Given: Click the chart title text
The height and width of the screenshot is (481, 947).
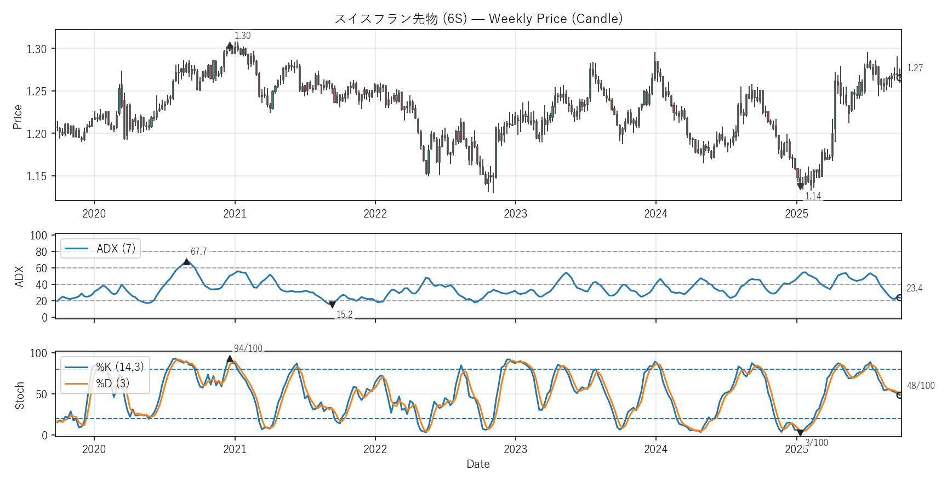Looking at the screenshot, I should (478, 19).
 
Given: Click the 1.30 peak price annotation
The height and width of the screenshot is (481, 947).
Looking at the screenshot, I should (242, 36).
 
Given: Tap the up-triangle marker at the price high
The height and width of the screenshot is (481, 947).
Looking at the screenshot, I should (230, 46).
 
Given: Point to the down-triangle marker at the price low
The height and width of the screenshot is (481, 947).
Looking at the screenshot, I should (800, 186).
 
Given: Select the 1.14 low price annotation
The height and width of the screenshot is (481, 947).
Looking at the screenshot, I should (813, 196).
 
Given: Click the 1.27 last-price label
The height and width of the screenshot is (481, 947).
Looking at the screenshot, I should (915, 68).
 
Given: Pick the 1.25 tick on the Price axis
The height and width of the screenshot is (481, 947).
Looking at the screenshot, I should (37, 91).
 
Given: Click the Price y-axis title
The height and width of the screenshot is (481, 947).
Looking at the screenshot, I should (18, 117).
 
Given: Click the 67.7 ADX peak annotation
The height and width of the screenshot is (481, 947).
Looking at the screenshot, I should (198, 251).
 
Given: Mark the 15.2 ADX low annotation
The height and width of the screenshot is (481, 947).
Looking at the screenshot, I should (344, 314).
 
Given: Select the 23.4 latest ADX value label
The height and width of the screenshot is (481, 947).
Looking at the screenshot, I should (914, 288).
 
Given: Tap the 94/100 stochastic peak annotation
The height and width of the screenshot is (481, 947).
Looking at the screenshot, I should (248, 348).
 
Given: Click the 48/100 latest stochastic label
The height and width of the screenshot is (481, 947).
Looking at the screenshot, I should (921, 386).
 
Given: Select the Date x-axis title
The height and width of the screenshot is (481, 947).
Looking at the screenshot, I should (478, 464).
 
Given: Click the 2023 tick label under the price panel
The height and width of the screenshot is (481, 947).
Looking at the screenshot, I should (515, 214).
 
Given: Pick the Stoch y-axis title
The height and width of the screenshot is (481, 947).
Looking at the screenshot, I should (20, 395).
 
